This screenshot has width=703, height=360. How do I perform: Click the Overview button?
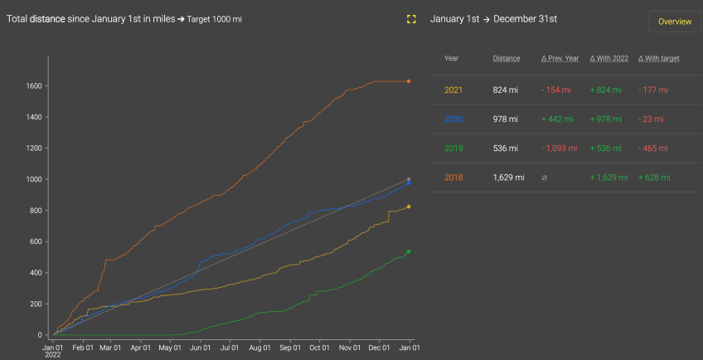coord(674,22)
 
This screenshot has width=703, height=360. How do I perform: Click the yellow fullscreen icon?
coord(411,19)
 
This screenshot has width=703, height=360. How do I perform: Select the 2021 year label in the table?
coord(453,90)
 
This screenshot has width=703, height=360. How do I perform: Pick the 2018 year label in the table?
coord(453,178)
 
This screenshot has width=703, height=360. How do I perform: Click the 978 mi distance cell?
coord(505,119)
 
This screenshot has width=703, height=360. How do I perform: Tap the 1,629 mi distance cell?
coord(508,178)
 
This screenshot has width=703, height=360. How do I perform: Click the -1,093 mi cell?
coord(560,148)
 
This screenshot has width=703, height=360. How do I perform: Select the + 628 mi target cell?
coord(654,178)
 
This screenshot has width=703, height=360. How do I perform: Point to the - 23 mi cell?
coord(652,119)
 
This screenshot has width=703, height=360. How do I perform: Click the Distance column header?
coord(507,59)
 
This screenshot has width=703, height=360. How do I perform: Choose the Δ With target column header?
coord(659,59)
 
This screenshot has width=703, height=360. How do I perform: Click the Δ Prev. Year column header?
coord(560,59)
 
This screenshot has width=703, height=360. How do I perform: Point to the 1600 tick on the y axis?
coord(34,85)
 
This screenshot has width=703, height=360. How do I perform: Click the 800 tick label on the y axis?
coord(36,211)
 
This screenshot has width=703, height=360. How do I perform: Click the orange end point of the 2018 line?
coord(409,81)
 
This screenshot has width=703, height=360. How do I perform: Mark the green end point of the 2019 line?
coord(409,251)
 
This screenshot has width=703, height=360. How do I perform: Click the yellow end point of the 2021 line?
coord(409,207)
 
